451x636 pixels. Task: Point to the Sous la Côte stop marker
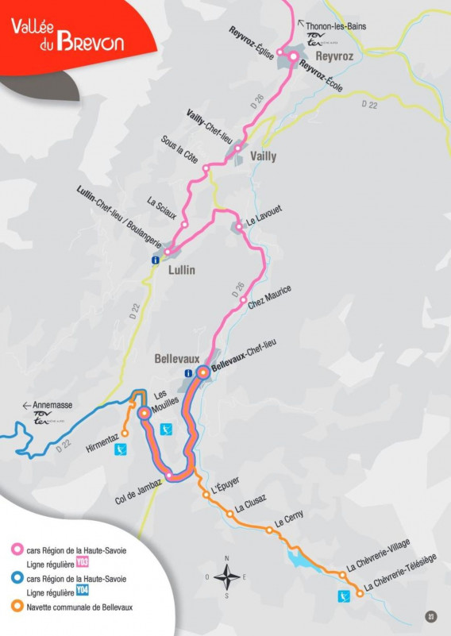click(206, 169)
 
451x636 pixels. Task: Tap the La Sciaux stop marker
click(184, 225)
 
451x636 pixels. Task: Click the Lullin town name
click(181, 270)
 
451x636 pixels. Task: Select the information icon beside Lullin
click(156, 260)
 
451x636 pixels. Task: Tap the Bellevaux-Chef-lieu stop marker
click(202, 372)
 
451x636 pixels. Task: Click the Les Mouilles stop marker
click(145, 413)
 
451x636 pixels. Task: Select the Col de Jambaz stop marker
click(168, 474)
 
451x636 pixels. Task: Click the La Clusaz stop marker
click(230, 514)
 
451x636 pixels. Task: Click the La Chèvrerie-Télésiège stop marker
click(360, 593)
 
